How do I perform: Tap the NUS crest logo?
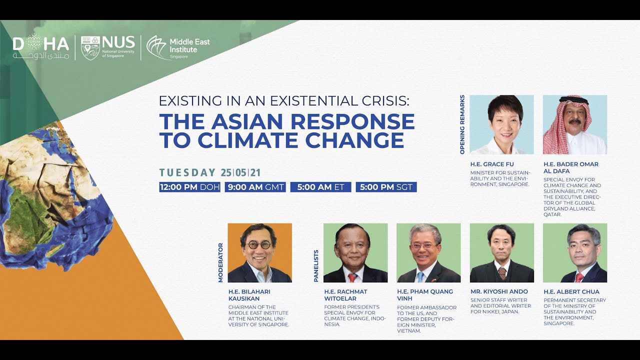point(90,48)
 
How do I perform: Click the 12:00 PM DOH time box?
point(189,187)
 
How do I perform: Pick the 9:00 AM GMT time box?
point(255,187)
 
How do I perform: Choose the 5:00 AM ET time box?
point(320,187)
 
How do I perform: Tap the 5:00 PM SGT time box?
point(386,187)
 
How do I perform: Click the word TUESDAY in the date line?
point(187,173)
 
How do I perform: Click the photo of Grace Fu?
point(501,124)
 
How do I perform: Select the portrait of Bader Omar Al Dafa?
point(574,124)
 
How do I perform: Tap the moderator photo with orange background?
point(259,252)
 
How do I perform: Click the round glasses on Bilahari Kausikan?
point(258,245)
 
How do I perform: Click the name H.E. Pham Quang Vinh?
point(424,294)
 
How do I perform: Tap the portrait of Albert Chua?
point(574,252)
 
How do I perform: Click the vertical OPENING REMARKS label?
point(462,124)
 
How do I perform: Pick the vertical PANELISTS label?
point(316,266)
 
